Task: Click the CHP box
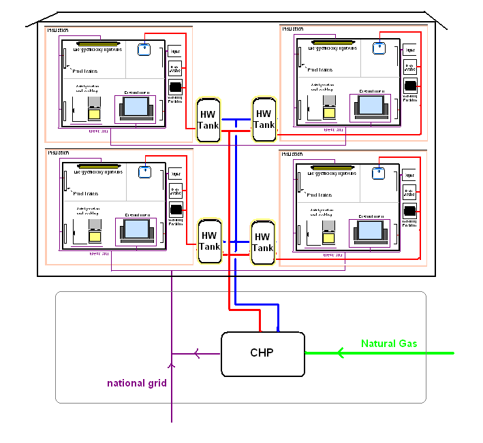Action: (262, 353)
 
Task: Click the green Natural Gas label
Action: (389, 344)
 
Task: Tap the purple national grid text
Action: (137, 383)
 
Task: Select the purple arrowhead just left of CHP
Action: (197, 353)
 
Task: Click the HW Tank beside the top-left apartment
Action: (208, 120)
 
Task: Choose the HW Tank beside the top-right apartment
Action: (263, 119)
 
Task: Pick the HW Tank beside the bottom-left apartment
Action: (208, 241)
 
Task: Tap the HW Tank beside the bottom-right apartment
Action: (262, 242)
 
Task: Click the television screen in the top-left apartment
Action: (136, 106)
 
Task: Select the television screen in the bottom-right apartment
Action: (370, 229)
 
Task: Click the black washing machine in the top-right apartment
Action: (410, 86)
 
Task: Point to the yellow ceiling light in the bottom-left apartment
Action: (102, 165)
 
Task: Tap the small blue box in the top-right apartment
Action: (379, 47)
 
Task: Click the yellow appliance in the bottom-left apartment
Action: (94, 234)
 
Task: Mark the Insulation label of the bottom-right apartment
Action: (294, 154)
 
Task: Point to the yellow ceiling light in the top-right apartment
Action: (335, 43)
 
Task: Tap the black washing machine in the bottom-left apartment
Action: (176, 209)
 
